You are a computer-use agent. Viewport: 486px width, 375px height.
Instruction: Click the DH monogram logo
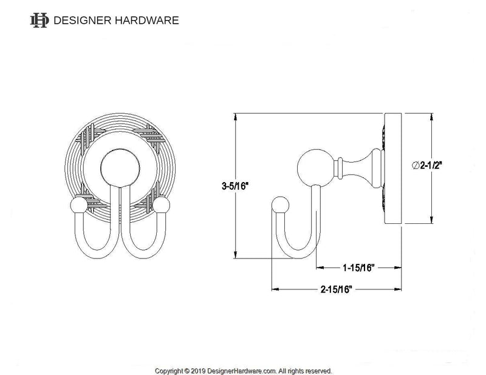click(x=39, y=20)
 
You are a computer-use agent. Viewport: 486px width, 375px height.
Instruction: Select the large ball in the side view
click(x=315, y=166)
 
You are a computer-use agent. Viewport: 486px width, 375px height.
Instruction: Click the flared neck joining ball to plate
click(x=358, y=166)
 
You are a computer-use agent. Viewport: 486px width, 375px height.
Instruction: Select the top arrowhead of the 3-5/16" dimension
click(x=236, y=117)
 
